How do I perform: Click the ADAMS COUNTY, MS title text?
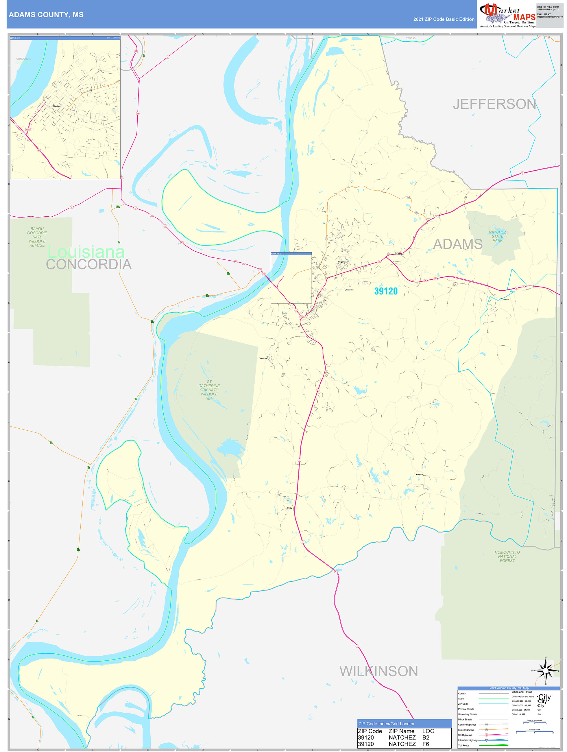click(x=46, y=15)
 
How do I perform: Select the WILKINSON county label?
click(x=378, y=671)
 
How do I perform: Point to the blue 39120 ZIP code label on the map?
click(x=386, y=291)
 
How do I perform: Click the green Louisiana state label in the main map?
click(x=86, y=252)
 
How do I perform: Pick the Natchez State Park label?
click(x=497, y=236)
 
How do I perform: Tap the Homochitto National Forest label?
click(x=507, y=556)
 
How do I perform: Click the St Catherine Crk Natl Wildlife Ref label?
click(x=209, y=390)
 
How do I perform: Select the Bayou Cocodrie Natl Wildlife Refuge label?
click(x=37, y=237)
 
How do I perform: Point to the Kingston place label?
click(x=420, y=475)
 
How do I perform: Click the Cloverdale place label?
click(x=263, y=358)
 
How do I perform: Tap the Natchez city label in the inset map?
click(x=57, y=106)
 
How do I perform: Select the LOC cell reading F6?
click(x=426, y=744)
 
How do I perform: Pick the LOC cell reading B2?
click(x=426, y=737)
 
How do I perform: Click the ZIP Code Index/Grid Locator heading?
click(x=386, y=724)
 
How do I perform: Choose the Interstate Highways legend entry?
click(x=468, y=740)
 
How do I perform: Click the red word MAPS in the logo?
click(x=524, y=17)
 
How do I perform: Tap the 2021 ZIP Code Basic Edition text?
click(x=444, y=19)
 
